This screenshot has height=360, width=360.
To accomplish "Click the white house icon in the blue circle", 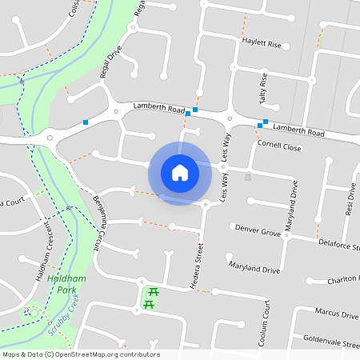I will tap(179, 173).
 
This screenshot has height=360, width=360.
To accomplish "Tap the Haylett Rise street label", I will tap(263, 45).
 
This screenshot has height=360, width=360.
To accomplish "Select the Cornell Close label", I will tap(280, 147).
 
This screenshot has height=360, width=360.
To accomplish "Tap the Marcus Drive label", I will tap(336, 314).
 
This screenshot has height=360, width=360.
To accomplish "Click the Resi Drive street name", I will tap(350, 202).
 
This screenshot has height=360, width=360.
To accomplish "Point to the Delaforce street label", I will tap(338, 242).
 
